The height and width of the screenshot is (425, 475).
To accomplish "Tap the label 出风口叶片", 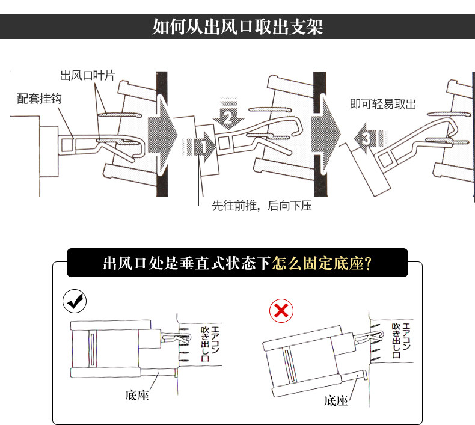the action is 87,76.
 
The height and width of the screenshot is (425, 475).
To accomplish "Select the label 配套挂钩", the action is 39,98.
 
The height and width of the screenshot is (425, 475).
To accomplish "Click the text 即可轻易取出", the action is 382,104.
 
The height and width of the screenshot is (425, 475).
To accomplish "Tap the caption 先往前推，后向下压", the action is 262,206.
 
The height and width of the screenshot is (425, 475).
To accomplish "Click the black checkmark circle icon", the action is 75,302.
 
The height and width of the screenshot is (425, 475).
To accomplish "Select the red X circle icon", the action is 281,311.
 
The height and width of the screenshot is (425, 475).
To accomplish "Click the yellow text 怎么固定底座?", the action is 321,263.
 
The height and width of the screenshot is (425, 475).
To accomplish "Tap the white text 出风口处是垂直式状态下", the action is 187,263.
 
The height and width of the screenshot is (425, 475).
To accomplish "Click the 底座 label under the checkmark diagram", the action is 136,395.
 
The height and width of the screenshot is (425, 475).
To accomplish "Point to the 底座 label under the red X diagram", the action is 336,400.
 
